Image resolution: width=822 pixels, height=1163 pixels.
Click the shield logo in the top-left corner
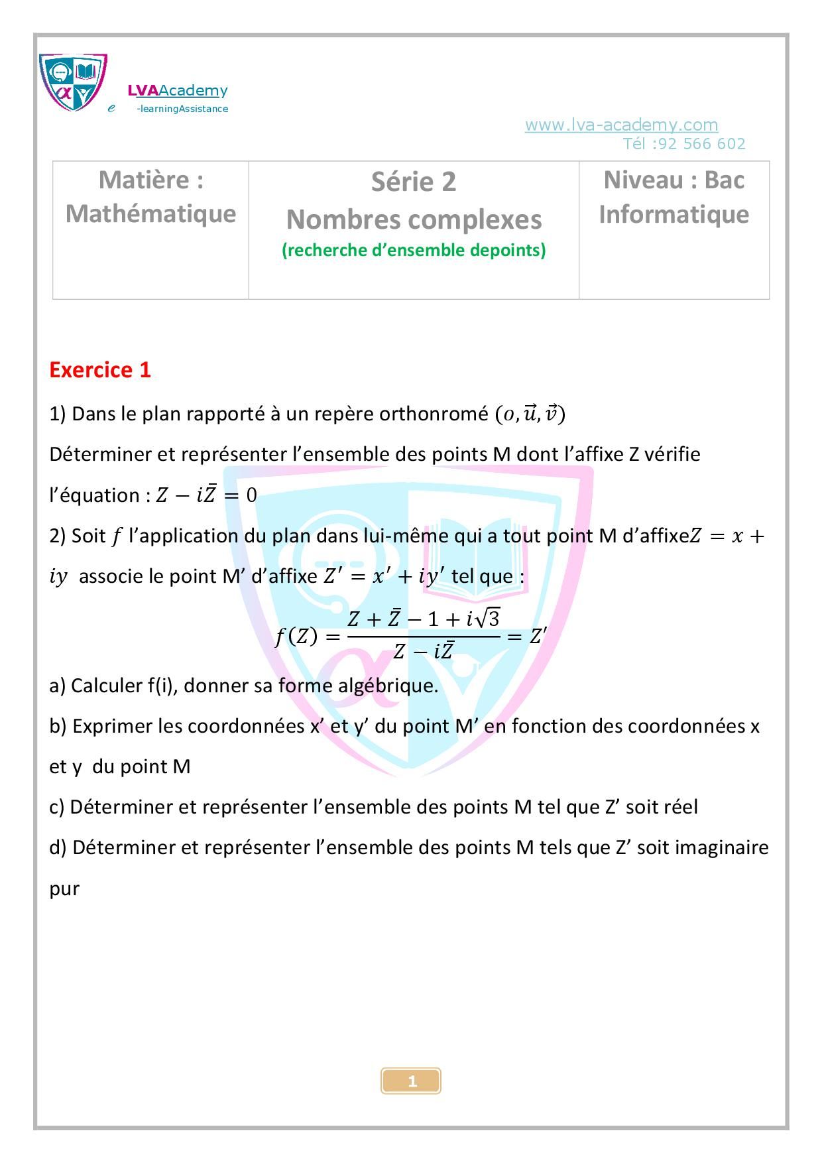(x=73, y=82)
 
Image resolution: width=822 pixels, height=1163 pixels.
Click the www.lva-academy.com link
(x=621, y=125)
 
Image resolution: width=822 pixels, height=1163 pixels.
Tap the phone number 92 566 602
(x=702, y=144)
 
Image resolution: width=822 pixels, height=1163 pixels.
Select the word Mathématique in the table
(x=150, y=214)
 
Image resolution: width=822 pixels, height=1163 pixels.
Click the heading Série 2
(x=414, y=182)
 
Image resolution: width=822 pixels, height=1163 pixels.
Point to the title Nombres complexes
(x=414, y=219)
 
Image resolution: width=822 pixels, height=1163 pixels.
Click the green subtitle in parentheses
(x=414, y=250)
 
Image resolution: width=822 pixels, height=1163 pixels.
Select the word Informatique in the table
(x=674, y=214)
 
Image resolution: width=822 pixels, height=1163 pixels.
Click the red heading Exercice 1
(x=100, y=370)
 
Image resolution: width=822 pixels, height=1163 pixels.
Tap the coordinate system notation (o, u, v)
(x=530, y=414)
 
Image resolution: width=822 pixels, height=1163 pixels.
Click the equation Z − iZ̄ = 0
(x=206, y=495)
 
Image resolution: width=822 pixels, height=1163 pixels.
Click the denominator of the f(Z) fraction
(x=423, y=652)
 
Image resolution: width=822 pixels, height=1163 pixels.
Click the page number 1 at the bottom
(x=412, y=1081)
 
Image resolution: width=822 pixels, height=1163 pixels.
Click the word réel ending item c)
(x=679, y=807)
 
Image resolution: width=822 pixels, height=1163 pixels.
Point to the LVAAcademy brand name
(x=178, y=91)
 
